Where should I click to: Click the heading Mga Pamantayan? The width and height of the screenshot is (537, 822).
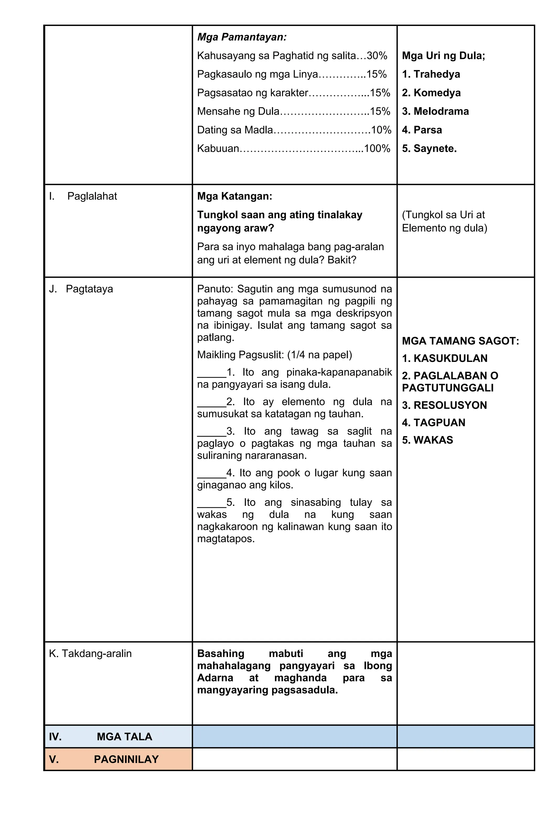tap(241, 37)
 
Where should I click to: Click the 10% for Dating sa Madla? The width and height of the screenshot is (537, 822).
tap(381, 130)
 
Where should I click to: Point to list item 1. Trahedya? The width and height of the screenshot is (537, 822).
tap(431, 74)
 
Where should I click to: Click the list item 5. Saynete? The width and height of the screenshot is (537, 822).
tap(429, 149)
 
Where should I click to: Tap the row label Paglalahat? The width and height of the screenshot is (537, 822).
tap(92, 196)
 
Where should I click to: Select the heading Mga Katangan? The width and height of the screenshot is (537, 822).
tap(234, 196)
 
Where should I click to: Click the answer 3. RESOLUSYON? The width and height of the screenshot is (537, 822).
tap(444, 405)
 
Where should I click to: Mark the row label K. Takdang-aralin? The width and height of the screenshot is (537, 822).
tap(90, 654)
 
